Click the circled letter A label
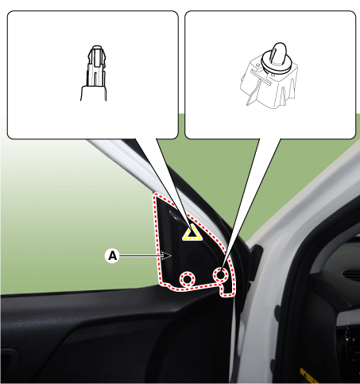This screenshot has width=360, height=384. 113,256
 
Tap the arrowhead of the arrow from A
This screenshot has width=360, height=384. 168,256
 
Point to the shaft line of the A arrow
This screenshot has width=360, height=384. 141,256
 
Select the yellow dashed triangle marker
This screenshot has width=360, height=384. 192,233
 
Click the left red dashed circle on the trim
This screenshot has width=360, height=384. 188,279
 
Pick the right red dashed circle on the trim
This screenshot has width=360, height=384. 221,275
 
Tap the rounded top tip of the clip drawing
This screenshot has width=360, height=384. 97,48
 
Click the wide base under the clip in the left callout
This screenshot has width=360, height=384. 94,93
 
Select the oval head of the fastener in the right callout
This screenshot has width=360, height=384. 279,52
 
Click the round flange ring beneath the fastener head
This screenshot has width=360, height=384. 277,64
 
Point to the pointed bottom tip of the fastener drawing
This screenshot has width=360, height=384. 248,104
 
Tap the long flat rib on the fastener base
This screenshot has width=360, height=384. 261,76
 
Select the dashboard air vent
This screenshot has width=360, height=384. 351,274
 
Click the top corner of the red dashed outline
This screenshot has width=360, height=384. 156,196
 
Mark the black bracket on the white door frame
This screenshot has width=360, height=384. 256,258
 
